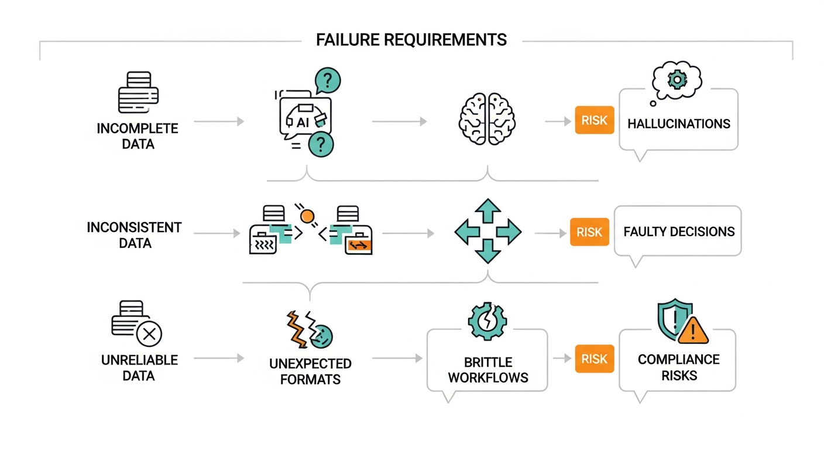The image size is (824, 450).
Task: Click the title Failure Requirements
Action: (x=411, y=40)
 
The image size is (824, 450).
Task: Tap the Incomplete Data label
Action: (x=138, y=136)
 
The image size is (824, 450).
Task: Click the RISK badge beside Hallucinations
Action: (x=594, y=120)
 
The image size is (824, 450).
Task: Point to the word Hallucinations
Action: (x=678, y=124)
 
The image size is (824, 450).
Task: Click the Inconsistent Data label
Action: (x=134, y=234)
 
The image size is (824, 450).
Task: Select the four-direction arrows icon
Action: (x=487, y=230)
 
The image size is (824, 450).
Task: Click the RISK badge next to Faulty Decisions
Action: (x=589, y=231)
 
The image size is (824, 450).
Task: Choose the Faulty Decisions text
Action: (x=678, y=231)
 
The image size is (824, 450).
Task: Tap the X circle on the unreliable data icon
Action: (x=149, y=334)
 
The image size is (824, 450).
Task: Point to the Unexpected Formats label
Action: (x=310, y=371)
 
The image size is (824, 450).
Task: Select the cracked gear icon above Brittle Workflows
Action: (x=487, y=320)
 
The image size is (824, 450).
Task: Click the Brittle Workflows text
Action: (x=487, y=370)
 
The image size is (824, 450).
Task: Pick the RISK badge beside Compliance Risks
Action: (x=594, y=359)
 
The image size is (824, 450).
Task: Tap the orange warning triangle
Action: (x=693, y=331)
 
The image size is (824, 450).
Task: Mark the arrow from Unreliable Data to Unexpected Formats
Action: (x=218, y=358)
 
